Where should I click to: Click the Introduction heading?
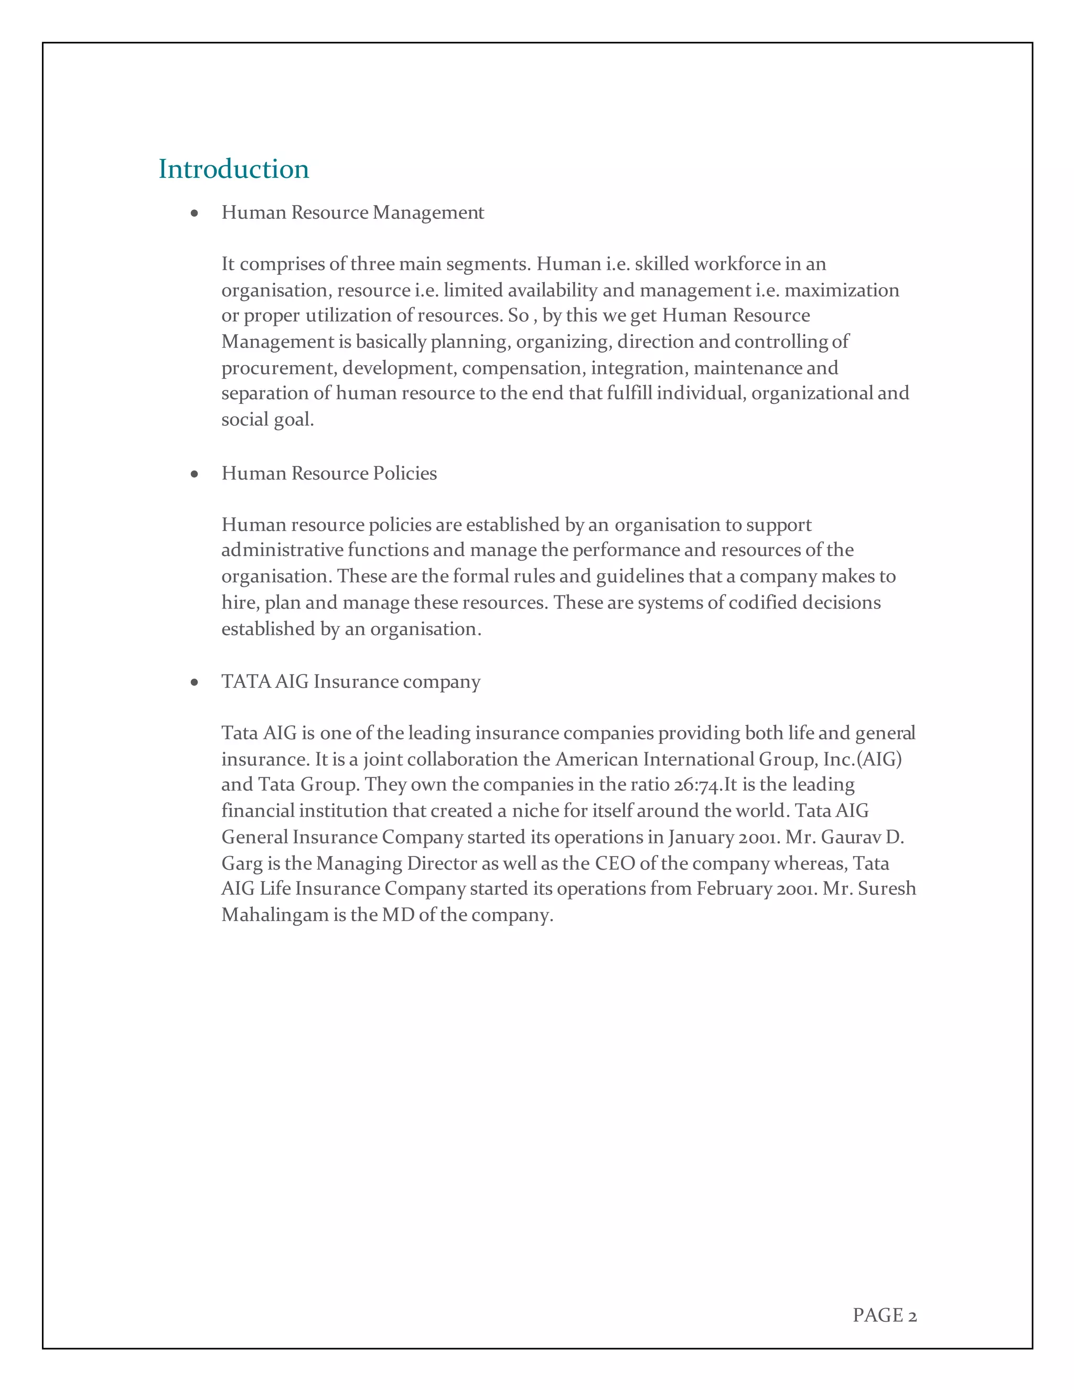tap(233, 169)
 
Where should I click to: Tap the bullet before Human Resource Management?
tap(195, 213)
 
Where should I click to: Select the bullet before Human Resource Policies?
tap(195, 474)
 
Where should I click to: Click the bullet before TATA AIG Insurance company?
tap(195, 683)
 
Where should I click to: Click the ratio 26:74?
tap(699, 785)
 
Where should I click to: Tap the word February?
tap(734, 889)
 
